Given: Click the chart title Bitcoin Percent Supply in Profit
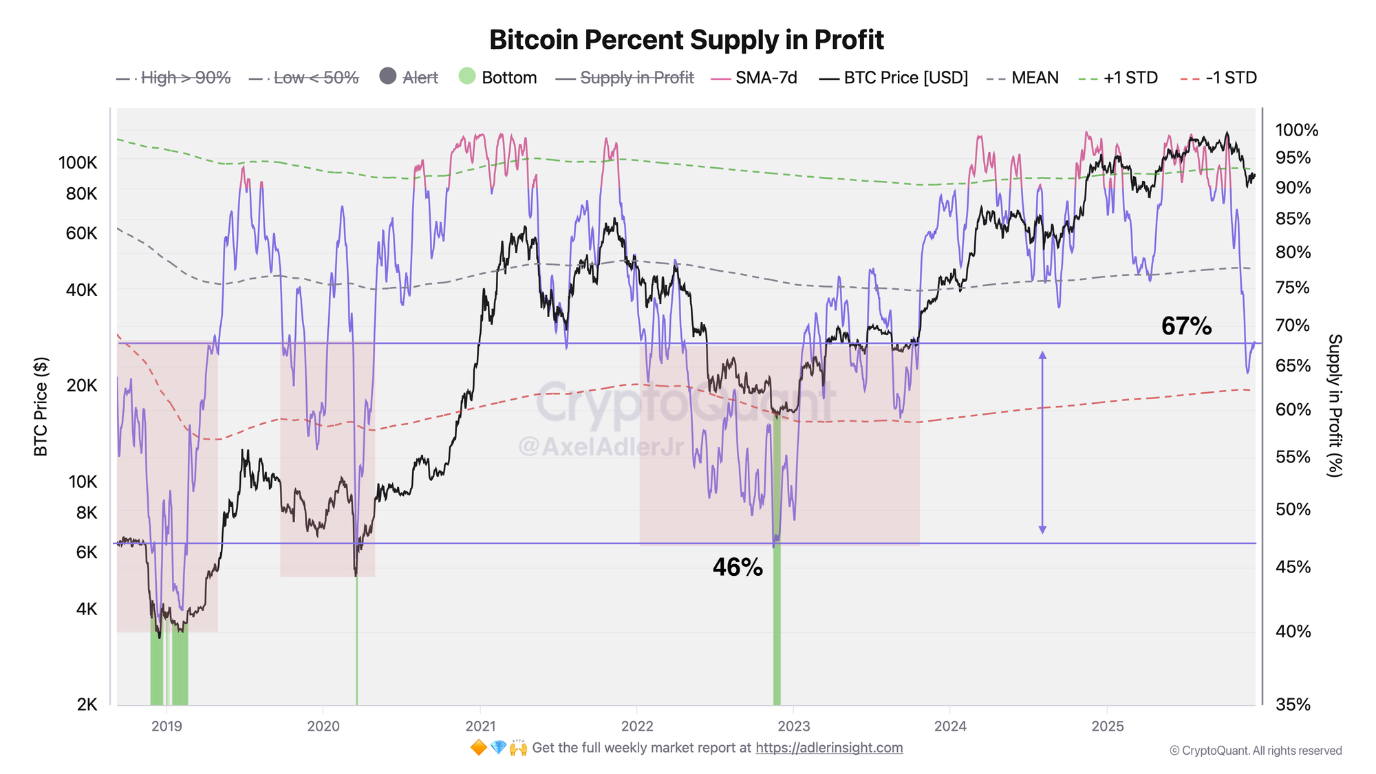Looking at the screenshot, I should pyautogui.click(x=686, y=40).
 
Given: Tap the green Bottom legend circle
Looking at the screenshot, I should pyautogui.click(x=468, y=76).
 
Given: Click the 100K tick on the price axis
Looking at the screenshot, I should pyautogui.click(x=78, y=163).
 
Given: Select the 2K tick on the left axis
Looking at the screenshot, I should pyautogui.click(x=87, y=705).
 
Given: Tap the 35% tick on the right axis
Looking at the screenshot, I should pyautogui.click(x=1293, y=705).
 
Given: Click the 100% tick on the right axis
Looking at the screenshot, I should pyautogui.click(x=1296, y=130).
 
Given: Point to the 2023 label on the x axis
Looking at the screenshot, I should pyautogui.click(x=793, y=726).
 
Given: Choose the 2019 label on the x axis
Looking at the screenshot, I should pyautogui.click(x=166, y=726).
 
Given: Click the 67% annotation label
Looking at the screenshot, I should pyautogui.click(x=1186, y=326).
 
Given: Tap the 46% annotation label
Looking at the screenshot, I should pyautogui.click(x=738, y=568).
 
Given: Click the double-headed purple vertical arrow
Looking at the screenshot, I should pyautogui.click(x=1042, y=442).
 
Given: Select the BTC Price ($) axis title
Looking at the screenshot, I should pyautogui.click(x=41, y=406).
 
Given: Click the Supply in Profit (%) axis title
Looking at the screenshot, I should pyautogui.click(x=1335, y=405).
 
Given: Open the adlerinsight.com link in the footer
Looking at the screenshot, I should pyautogui.click(x=829, y=748).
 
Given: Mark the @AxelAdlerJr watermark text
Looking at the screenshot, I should pyautogui.click(x=601, y=447).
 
